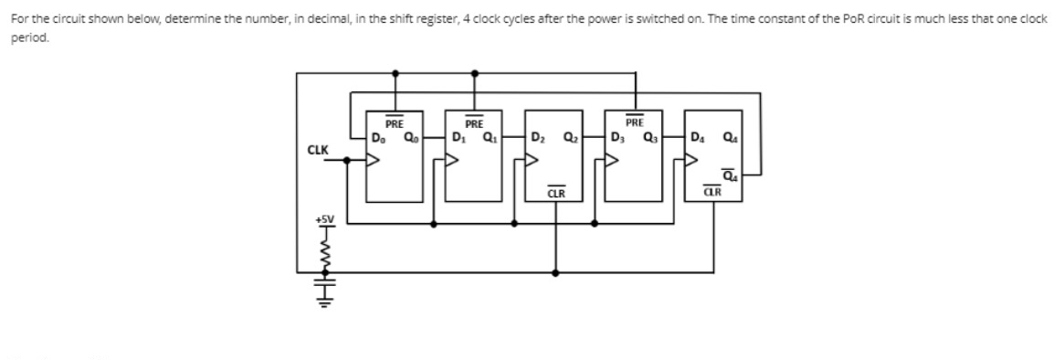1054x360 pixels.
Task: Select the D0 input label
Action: coord(378,138)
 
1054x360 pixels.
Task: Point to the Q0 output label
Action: coord(408,138)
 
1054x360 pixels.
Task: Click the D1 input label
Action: coord(458,138)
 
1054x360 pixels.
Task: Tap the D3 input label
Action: coord(618,138)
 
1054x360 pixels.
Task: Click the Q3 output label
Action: coord(648,138)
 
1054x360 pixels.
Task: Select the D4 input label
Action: coord(699,138)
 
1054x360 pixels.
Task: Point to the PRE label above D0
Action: coord(395,122)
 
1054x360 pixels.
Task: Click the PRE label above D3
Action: coord(635,122)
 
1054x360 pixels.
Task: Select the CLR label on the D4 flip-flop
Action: coord(715,193)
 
